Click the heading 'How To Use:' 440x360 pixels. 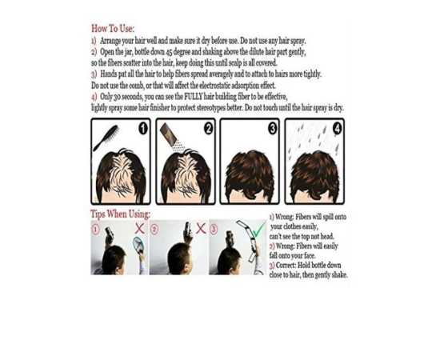113,28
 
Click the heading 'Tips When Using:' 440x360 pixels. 120,214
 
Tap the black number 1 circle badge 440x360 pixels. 143,129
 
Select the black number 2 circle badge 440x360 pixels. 208,129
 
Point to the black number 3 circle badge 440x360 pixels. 273,129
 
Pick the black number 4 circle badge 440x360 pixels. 338,129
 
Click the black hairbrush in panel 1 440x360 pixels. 106,138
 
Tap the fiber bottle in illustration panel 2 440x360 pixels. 169,133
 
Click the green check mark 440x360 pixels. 258,230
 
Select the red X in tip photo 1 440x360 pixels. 139,229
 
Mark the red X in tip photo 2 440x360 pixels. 201,229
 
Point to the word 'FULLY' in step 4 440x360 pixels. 194,97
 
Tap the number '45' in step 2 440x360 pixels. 169,52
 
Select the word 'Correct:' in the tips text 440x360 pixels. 286,265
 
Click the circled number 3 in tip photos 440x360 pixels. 214,230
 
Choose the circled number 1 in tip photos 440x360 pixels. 95,230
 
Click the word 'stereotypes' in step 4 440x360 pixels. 211,108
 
